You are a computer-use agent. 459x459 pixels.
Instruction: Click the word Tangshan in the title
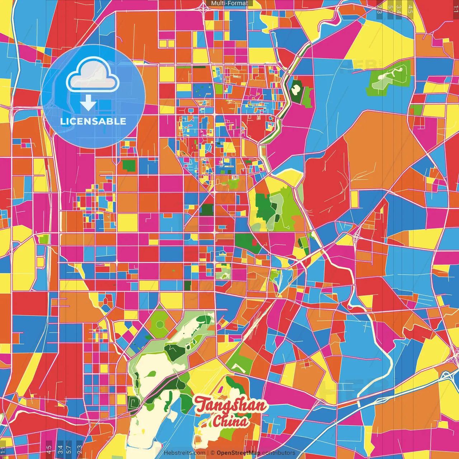pyautogui.click(x=231, y=406)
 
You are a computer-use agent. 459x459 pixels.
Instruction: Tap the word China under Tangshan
pyautogui.click(x=230, y=421)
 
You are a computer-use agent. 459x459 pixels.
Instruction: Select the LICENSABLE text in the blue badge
pyautogui.click(x=93, y=121)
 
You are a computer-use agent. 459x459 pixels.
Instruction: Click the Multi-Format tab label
pyautogui.click(x=229, y=3)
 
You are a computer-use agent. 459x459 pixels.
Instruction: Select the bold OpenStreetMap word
pyautogui.click(x=238, y=453)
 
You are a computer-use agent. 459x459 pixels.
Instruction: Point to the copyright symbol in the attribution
pyautogui.click(x=212, y=453)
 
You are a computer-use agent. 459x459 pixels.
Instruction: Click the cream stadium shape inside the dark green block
pyautogui.click(x=296, y=88)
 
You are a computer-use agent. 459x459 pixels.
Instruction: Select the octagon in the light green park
pyautogui.click(x=160, y=325)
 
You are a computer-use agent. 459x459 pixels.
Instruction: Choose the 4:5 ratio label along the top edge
pyautogui.click(x=410, y=9)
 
